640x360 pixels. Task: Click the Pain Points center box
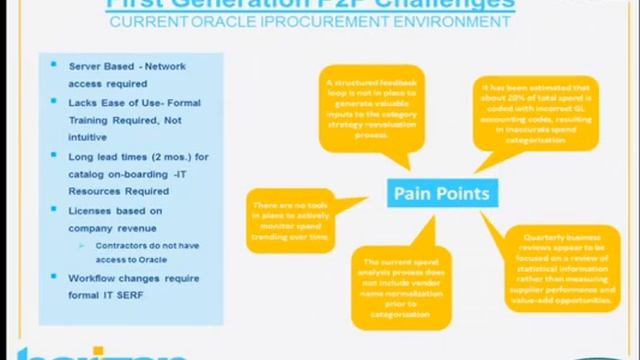(x=441, y=192)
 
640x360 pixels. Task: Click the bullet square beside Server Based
(x=54, y=66)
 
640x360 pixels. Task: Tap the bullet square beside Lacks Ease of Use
(x=54, y=103)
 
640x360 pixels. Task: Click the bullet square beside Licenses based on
(x=54, y=211)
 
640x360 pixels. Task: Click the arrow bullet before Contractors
(x=85, y=246)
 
